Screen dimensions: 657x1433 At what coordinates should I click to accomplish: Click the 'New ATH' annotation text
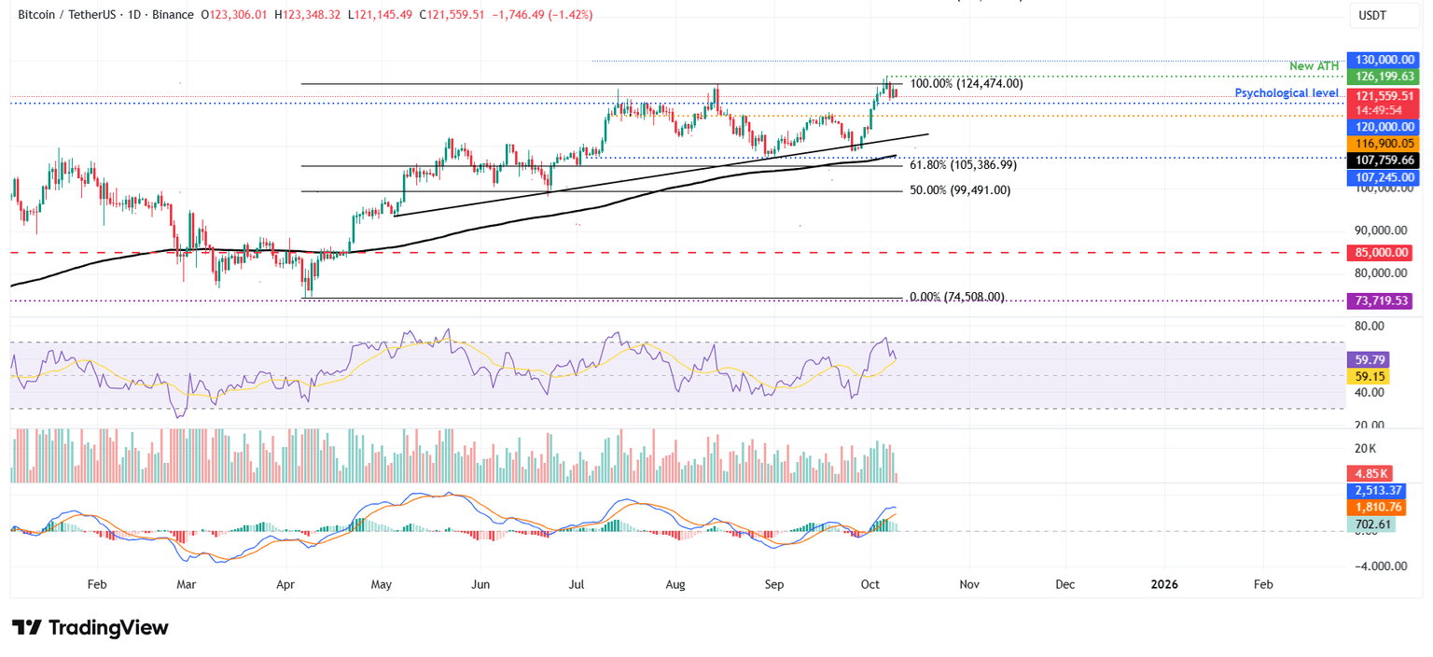point(1314,66)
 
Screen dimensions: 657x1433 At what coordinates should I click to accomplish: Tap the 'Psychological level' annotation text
point(1287,93)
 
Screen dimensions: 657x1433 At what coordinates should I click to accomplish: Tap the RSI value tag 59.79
point(1368,359)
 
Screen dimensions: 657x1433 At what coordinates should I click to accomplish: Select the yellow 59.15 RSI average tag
point(1368,376)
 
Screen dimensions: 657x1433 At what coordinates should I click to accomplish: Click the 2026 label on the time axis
point(1163,584)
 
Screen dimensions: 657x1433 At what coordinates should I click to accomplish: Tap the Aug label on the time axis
point(675,584)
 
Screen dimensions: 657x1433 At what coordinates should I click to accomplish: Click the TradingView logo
point(90,627)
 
